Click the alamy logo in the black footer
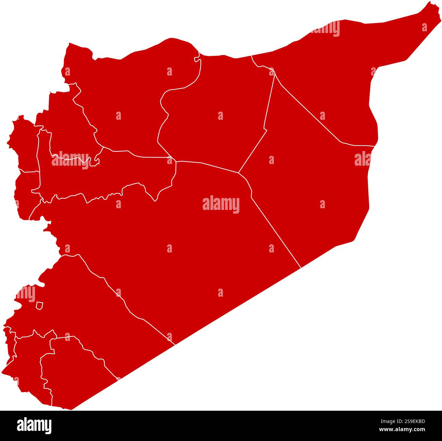34,425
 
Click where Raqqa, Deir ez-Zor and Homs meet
238,173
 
